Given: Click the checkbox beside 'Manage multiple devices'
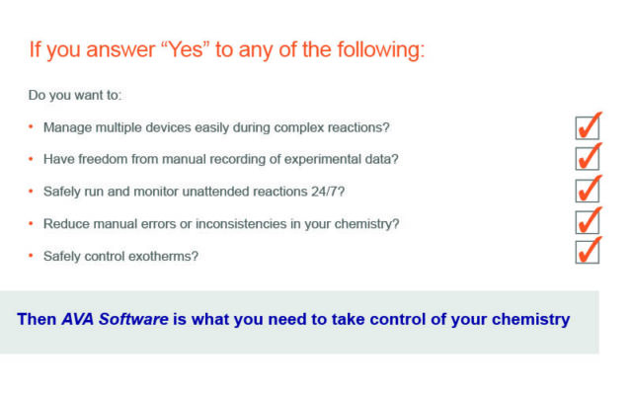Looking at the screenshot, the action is pos(588,127).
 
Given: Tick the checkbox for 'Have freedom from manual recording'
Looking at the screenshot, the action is pos(588,158).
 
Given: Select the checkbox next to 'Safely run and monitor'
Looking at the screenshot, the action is pos(588,191).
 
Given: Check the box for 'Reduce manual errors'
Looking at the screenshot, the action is pos(588,221).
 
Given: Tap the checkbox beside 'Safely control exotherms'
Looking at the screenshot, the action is pos(588,252).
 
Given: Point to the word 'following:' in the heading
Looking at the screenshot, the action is pos(381,50).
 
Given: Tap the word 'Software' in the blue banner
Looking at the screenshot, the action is pos(133,319).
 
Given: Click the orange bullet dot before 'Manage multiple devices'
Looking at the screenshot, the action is pos(31,127).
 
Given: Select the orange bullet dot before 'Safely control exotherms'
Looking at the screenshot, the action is pos(31,256).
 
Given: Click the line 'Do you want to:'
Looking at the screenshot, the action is pos(75,95).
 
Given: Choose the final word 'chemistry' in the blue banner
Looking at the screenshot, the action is pos(531,319).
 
